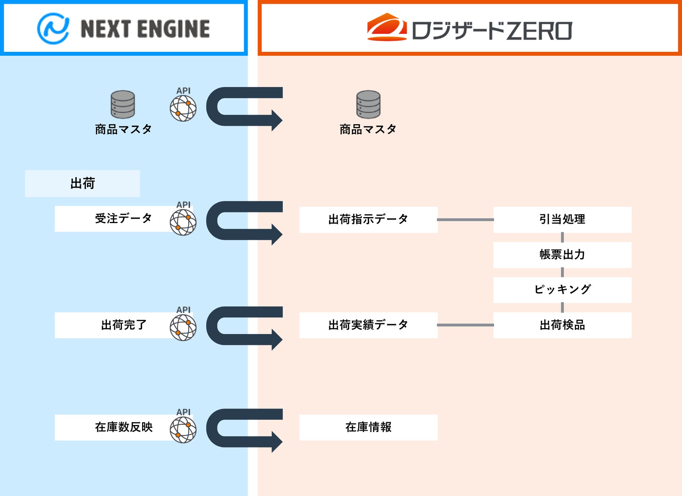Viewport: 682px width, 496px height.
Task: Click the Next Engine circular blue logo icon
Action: click(53, 29)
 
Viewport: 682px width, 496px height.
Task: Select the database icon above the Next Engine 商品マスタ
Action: click(123, 104)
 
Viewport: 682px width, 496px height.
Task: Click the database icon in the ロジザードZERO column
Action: click(368, 104)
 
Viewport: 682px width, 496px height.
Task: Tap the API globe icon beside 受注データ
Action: click(183, 222)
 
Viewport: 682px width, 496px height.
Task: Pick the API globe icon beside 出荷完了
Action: click(183, 327)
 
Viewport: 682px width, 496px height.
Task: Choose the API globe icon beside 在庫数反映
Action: click(183, 429)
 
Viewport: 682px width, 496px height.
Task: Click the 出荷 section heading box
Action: click(83, 183)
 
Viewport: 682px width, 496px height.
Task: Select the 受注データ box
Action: click(114, 219)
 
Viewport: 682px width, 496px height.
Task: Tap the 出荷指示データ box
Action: click(368, 220)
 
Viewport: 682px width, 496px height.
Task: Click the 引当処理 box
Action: click(562, 220)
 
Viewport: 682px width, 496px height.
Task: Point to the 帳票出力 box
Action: click(562, 255)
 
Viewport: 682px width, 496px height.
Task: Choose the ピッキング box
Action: click(562, 290)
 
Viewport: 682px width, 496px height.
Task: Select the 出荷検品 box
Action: click(562, 325)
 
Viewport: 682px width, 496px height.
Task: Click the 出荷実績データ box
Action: click(368, 325)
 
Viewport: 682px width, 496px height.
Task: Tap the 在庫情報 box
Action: click(368, 427)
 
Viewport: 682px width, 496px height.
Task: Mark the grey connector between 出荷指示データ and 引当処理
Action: click(465, 220)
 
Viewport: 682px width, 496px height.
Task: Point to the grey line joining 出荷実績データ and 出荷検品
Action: click(465, 325)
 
